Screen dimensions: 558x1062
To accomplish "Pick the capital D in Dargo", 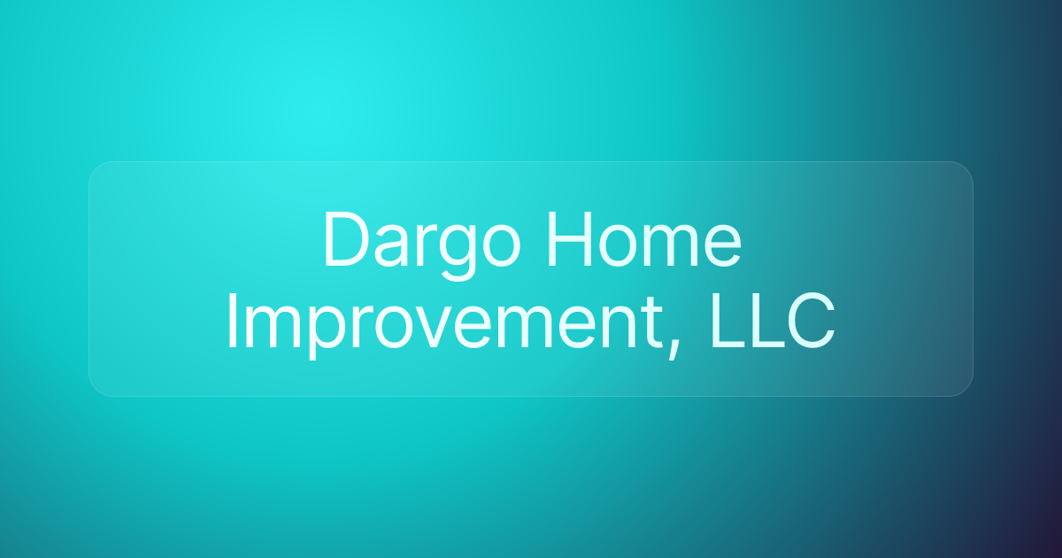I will [x=344, y=240].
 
